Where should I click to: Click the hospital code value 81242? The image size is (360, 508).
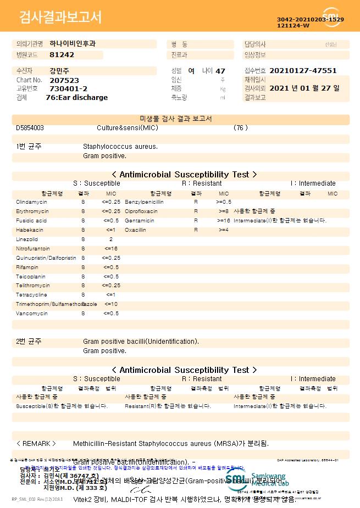62,55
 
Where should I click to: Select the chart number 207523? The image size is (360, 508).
64,80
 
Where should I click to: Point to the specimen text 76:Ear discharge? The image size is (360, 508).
76,98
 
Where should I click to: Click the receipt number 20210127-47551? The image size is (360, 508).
303,71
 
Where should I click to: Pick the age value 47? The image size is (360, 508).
220,71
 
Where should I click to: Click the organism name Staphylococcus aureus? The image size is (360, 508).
120,147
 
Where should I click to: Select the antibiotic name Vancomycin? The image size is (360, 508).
32,314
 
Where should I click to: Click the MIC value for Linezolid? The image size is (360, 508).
111,239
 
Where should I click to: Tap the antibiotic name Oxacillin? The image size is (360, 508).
135,230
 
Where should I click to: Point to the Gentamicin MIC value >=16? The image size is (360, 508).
223,221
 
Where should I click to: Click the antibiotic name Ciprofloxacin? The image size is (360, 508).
141,211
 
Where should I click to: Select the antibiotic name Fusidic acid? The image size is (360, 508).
31,221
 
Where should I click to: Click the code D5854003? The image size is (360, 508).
30,128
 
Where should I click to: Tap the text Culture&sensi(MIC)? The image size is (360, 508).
127,128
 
